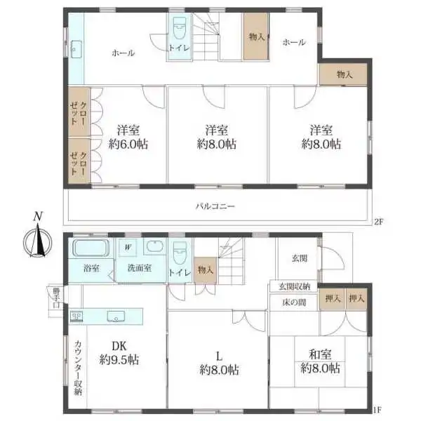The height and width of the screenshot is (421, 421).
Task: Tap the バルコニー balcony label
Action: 215,206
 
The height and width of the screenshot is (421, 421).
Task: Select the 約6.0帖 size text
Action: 128,145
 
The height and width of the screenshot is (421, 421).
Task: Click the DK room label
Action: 119,346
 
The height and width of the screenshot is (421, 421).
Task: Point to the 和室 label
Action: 320,354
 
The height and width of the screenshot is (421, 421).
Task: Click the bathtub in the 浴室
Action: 91,248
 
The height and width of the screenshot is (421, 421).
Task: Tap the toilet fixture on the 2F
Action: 179,29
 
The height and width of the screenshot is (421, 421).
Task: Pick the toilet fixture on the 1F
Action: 180,253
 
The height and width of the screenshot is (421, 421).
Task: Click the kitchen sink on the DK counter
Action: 116,316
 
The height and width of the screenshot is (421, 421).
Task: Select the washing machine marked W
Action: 128,247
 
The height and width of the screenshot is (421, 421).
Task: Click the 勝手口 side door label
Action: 56,298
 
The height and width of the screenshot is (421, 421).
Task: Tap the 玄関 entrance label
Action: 300,258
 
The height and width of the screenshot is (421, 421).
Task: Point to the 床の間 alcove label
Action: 294,302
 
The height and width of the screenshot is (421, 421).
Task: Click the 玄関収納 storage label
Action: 294,286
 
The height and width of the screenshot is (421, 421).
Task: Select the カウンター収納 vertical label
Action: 78,367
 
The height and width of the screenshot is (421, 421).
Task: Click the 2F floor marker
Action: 378,222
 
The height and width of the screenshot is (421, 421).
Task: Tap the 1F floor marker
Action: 377,410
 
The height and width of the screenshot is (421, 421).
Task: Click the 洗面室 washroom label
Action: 140,268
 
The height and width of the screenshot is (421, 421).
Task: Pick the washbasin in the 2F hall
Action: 76,49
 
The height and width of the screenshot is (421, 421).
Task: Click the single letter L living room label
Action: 220,356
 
